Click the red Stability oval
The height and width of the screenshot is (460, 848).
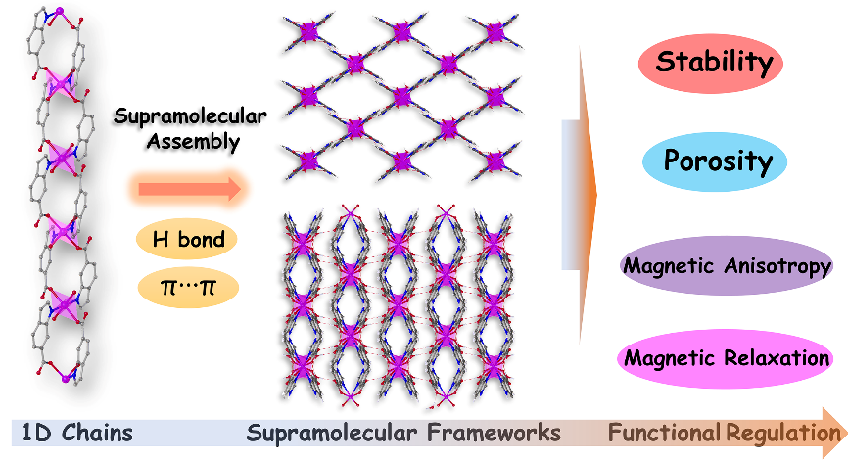(x=714, y=64)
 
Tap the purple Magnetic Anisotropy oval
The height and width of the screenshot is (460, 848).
(x=727, y=266)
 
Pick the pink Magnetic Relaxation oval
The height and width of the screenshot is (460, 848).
(x=727, y=358)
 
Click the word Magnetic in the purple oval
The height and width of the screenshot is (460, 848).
(x=668, y=266)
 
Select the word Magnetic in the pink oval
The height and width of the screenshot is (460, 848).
(x=668, y=358)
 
